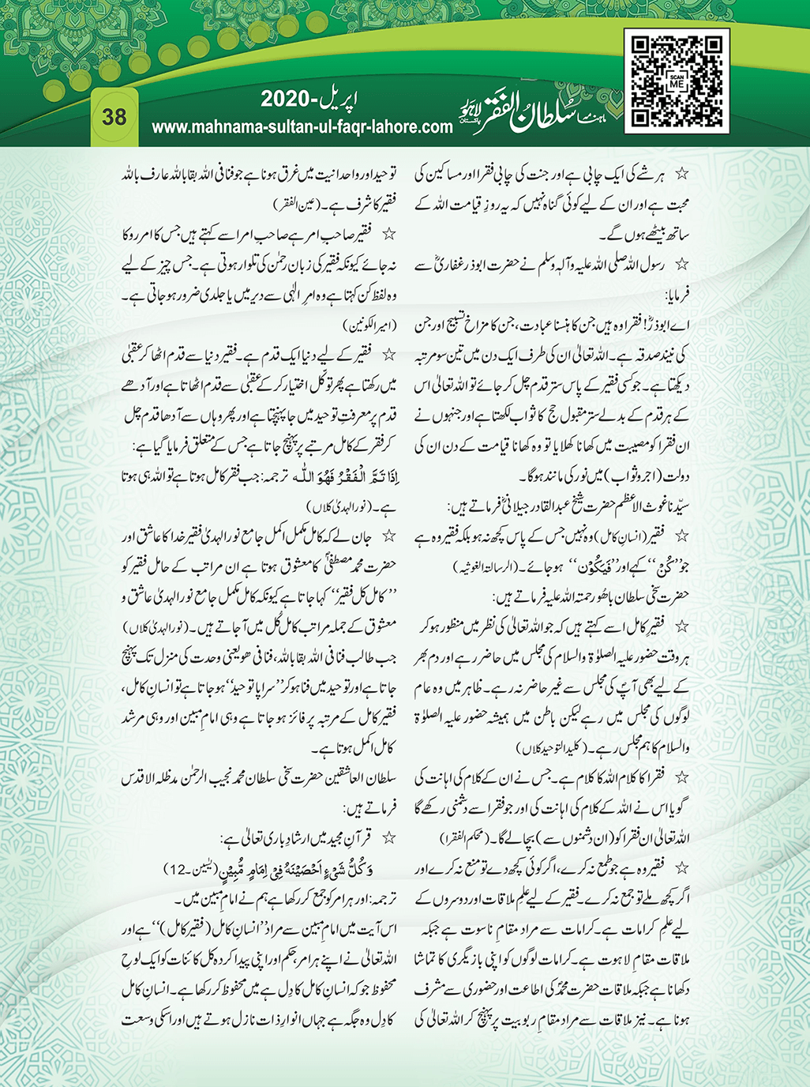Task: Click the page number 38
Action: coord(114,117)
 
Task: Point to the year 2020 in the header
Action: coord(289,100)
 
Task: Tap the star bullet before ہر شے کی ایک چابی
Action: coord(684,172)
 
